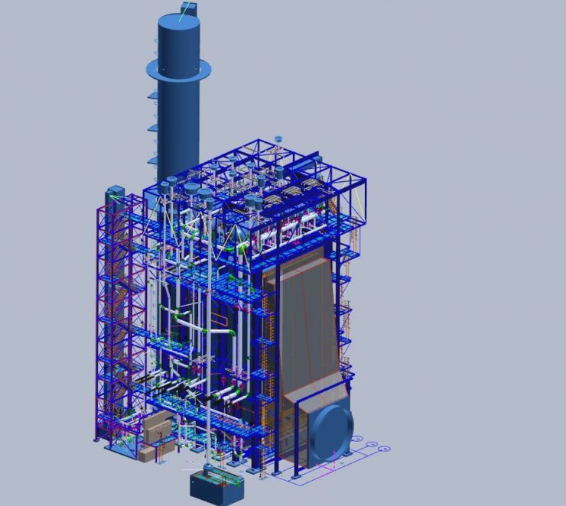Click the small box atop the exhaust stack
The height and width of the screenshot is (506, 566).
point(188,9)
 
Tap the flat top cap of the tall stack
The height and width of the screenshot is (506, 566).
point(179,23)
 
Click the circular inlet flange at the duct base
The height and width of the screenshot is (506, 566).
point(330,432)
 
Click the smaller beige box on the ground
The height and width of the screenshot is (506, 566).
point(145,454)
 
